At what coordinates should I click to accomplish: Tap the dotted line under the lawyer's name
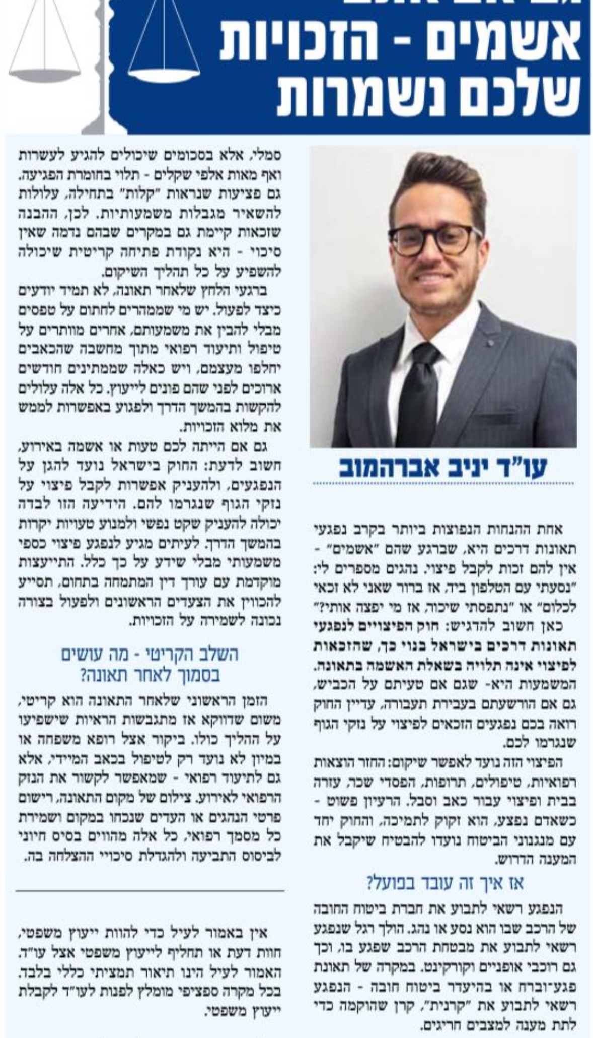point(442,484)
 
